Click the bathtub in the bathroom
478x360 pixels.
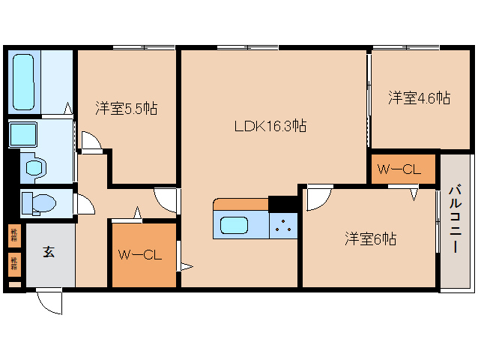pyautogui.click(x=25, y=80)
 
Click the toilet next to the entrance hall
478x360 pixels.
pyautogui.click(x=37, y=202)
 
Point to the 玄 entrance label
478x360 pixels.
pyautogui.click(x=48, y=252)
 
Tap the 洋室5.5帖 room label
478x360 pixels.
pyautogui.click(x=126, y=108)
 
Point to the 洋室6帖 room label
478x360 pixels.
pyautogui.click(x=370, y=239)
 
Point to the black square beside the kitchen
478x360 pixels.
pyautogui.click(x=283, y=203)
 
